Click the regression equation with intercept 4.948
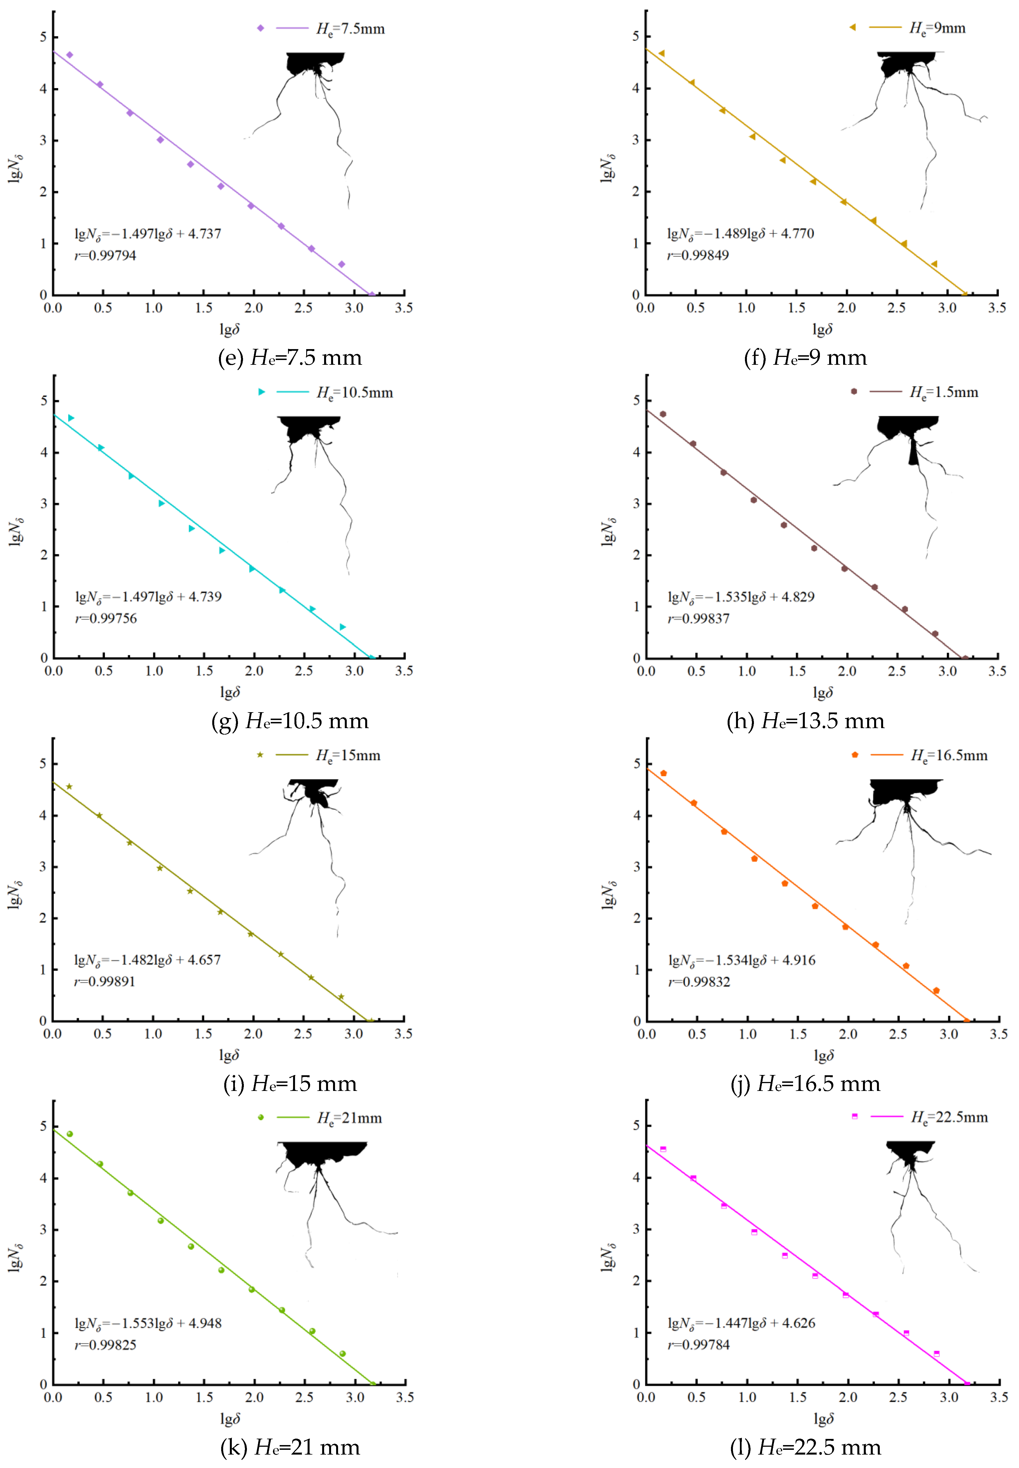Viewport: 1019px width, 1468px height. coord(148,1323)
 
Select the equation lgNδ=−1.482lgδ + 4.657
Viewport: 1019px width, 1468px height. coord(147,960)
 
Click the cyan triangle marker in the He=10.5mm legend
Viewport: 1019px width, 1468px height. coord(261,392)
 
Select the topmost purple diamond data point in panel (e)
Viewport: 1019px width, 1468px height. coord(70,55)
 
